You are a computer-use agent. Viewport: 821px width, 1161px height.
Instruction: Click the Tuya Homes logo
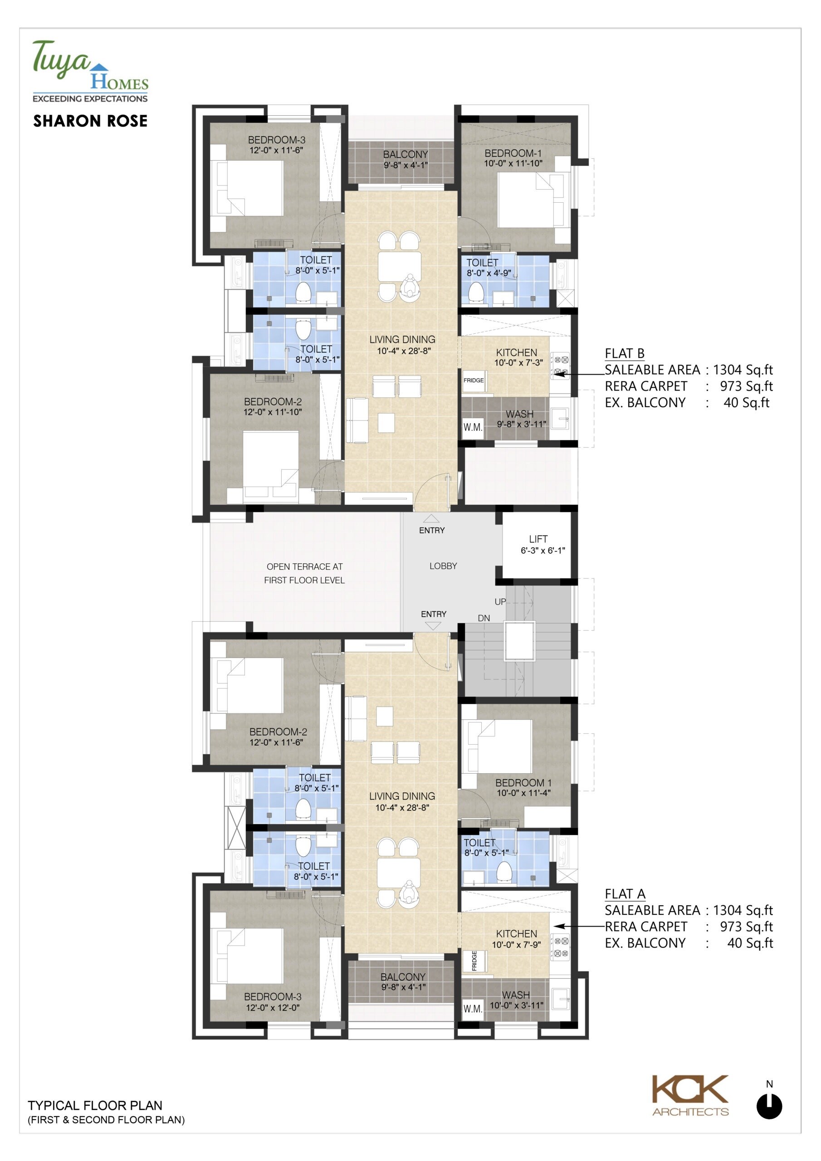(90, 71)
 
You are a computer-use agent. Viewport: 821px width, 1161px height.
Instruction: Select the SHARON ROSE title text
(91, 121)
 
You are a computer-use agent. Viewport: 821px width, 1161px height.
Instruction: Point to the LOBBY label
(443, 566)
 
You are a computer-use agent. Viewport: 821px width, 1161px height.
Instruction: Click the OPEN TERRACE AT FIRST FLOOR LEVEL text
(304, 573)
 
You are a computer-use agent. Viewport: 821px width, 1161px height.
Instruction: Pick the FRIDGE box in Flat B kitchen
(474, 380)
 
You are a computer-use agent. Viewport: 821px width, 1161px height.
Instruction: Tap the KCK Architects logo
(690, 1096)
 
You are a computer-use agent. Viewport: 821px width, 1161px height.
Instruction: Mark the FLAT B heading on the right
(625, 353)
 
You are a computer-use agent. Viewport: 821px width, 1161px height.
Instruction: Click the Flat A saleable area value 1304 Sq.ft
(743, 910)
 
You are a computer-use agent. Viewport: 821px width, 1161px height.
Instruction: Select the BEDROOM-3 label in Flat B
(276, 140)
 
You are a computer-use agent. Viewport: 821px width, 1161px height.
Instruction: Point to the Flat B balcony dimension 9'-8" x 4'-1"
(406, 165)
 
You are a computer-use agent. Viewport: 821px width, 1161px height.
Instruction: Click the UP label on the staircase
(500, 602)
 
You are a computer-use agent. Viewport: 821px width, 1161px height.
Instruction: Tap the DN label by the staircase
(484, 618)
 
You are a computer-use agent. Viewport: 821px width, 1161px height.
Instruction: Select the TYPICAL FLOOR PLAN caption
(95, 1105)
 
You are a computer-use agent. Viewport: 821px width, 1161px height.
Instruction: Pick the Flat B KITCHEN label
(517, 352)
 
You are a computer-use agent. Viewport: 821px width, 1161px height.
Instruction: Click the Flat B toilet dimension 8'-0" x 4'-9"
(489, 273)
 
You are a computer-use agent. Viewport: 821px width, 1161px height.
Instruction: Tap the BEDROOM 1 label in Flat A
(523, 782)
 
